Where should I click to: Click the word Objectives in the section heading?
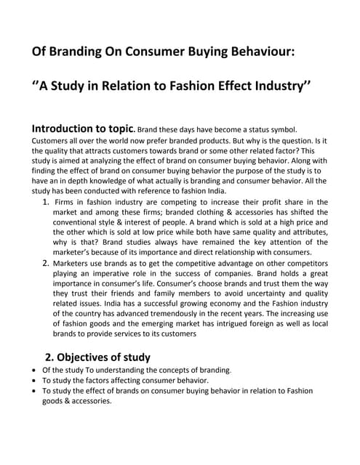pyautogui.click(x=94, y=357)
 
